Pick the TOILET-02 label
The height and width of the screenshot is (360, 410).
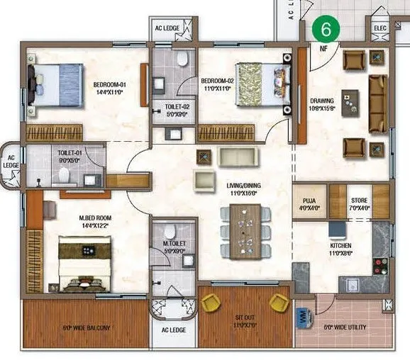[173, 107]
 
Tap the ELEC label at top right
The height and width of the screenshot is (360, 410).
[379, 28]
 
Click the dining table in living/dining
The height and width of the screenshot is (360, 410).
[245, 232]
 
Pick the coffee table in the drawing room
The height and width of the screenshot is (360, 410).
[350, 103]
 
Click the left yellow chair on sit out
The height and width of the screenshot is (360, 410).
[211, 303]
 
